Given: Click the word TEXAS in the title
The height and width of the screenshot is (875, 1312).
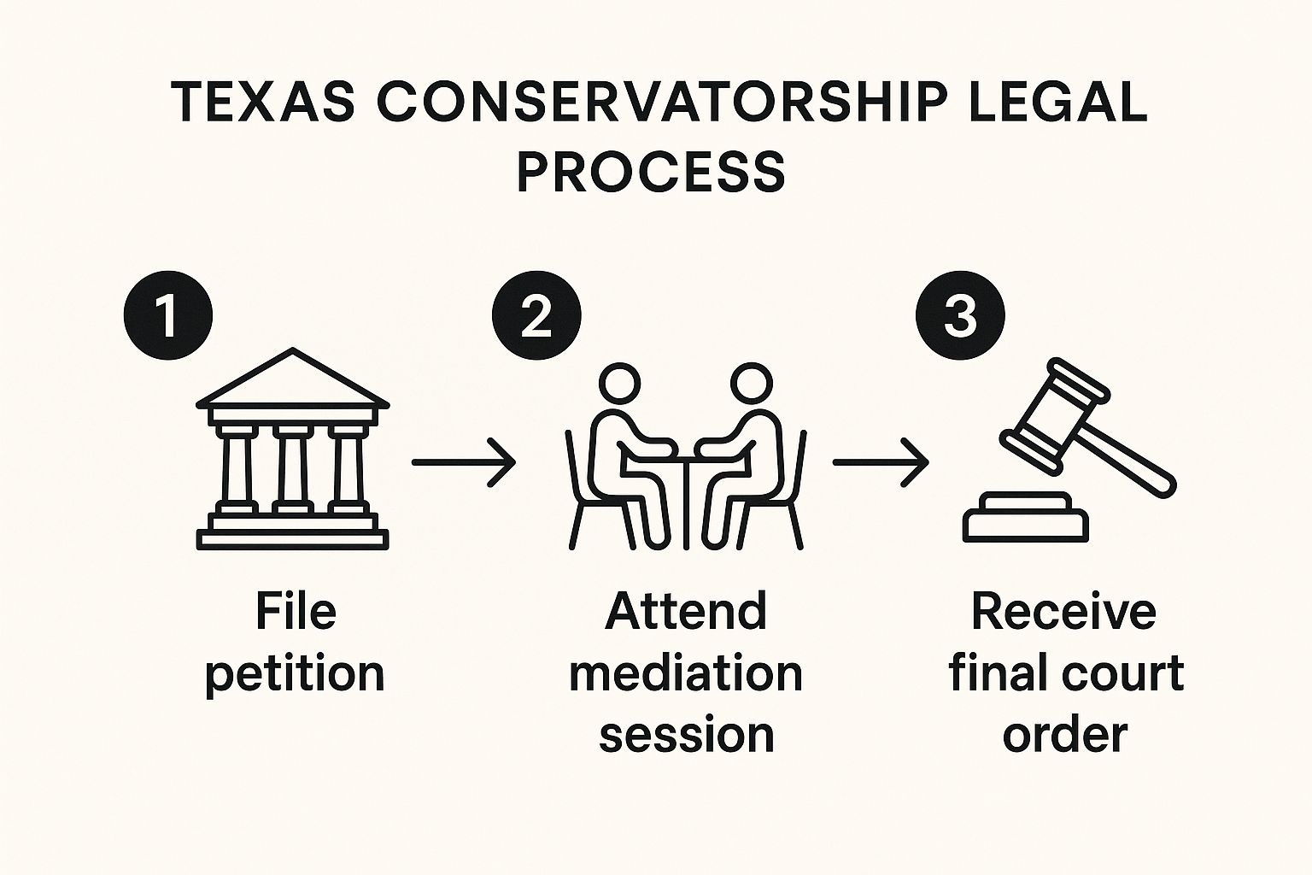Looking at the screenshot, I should [x=264, y=102].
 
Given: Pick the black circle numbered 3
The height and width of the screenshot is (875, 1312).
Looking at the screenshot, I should [x=960, y=316].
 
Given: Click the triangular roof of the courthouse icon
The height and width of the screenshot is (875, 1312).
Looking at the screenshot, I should [x=293, y=380].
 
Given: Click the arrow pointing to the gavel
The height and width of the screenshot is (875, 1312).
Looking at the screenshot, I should [x=881, y=462].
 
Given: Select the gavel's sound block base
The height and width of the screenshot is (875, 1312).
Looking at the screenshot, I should [x=1026, y=517].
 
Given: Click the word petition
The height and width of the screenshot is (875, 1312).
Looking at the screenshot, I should [x=295, y=673].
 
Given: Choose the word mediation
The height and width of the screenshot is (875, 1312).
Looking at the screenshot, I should [x=686, y=673].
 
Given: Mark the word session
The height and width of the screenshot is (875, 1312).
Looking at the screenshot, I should [x=686, y=735].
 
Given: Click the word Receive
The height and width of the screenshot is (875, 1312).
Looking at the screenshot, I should [x=1063, y=612].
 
